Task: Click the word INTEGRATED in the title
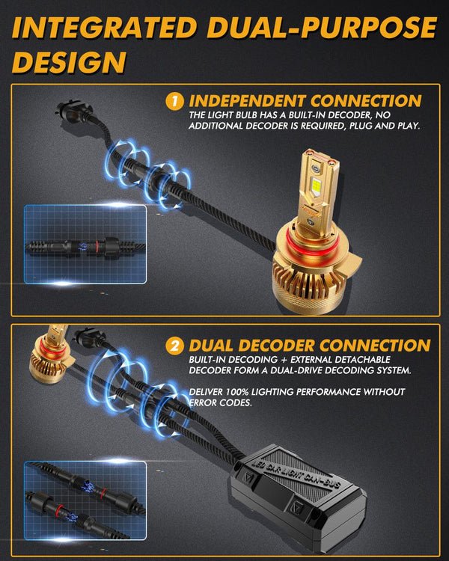(101, 28)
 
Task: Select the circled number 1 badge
(174, 100)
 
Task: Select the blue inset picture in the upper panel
(84, 245)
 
